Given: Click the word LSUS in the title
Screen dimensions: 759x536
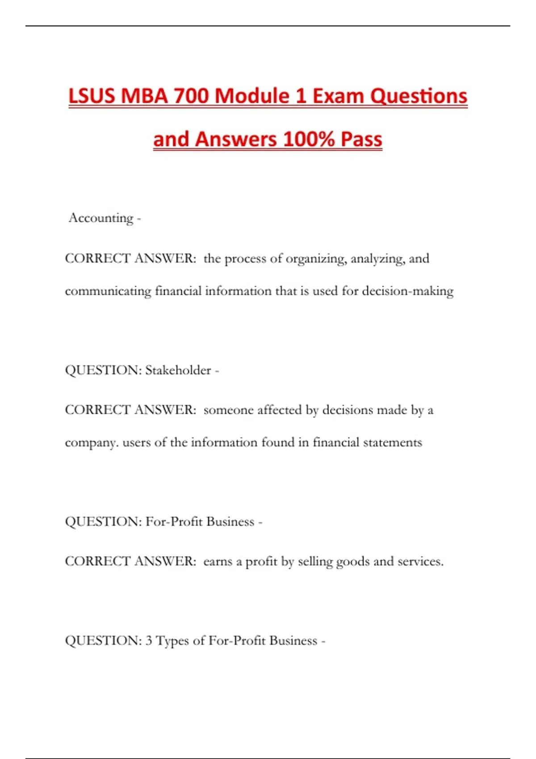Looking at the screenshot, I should click(x=92, y=96).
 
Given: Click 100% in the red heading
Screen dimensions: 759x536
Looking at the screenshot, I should click(x=309, y=139).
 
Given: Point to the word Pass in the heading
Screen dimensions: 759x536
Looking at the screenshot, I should click(x=361, y=139).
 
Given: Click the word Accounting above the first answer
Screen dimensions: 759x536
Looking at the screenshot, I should click(x=101, y=218).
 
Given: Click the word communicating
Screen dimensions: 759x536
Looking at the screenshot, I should click(x=108, y=291).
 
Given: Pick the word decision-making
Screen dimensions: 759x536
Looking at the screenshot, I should click(x=407, y=291).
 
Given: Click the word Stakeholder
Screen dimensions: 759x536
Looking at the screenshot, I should click(x=178, y=370).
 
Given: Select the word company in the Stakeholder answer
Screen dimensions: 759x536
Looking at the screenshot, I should click(x=92, y=442).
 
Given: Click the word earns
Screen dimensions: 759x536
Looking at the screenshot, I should click(x=218, y=561).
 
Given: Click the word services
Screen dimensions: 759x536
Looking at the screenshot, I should click(x=420, y=561).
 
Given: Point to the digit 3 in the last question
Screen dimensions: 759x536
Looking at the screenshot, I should click(x=149, y=641).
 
